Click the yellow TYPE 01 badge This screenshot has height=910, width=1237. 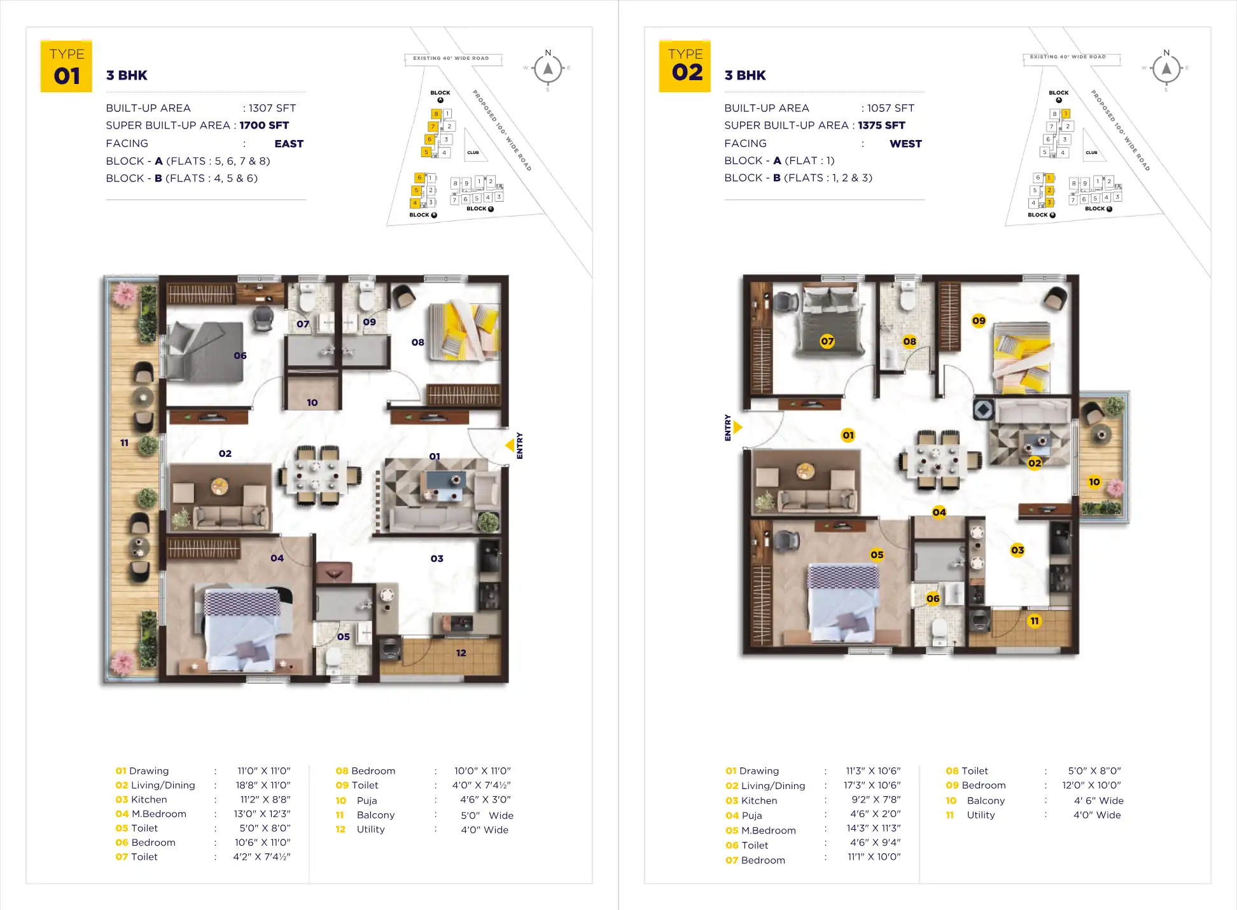[66, 67]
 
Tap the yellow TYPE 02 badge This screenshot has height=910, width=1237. [685, 66]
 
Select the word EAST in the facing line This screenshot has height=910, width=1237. [288, 144]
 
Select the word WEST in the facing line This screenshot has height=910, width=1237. [905, 144]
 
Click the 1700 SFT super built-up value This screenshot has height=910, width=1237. [264, 125]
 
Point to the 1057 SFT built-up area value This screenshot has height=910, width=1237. [890, 108]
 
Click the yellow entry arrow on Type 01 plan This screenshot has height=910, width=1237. [510, 445]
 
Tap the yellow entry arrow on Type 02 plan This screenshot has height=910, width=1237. [738, 427]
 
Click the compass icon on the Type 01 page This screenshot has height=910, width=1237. [548, 69]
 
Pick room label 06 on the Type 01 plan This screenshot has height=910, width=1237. [240, 356]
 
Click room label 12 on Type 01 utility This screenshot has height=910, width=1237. [461, 653]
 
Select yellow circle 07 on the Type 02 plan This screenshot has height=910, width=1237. [827, 341]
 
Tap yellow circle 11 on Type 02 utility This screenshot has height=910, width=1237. [1035, 621]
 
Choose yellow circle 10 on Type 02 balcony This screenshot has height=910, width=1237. [1094, 482]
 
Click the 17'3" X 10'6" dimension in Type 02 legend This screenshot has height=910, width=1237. [872, 786]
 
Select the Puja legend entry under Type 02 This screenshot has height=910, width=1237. [751, 816]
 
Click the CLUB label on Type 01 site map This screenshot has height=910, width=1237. [473, 153]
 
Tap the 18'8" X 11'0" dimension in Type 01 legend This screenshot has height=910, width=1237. [263, 785]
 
